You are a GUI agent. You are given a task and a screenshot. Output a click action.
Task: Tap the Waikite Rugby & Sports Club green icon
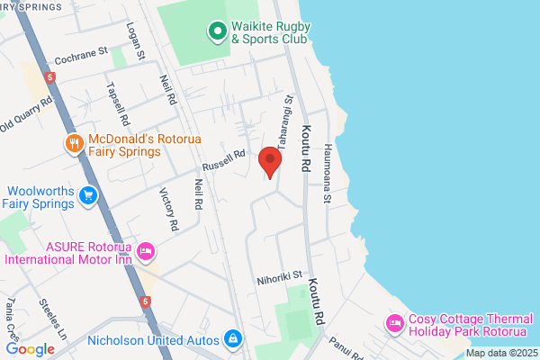(217, 32)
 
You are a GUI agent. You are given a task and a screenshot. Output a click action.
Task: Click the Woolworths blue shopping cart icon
(87, 195)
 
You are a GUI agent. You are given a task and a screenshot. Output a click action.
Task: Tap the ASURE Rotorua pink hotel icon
(147, 249)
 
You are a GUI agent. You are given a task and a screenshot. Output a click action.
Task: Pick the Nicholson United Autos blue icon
(233, 338)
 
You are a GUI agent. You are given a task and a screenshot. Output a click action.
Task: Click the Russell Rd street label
(223, 161)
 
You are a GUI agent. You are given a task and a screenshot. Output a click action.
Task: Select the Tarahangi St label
(285, 122)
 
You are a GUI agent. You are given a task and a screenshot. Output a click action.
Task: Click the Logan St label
(136, 40)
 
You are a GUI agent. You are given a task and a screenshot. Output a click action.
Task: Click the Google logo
(30, 349)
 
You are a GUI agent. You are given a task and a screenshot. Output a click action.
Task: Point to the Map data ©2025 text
(500, 352)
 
